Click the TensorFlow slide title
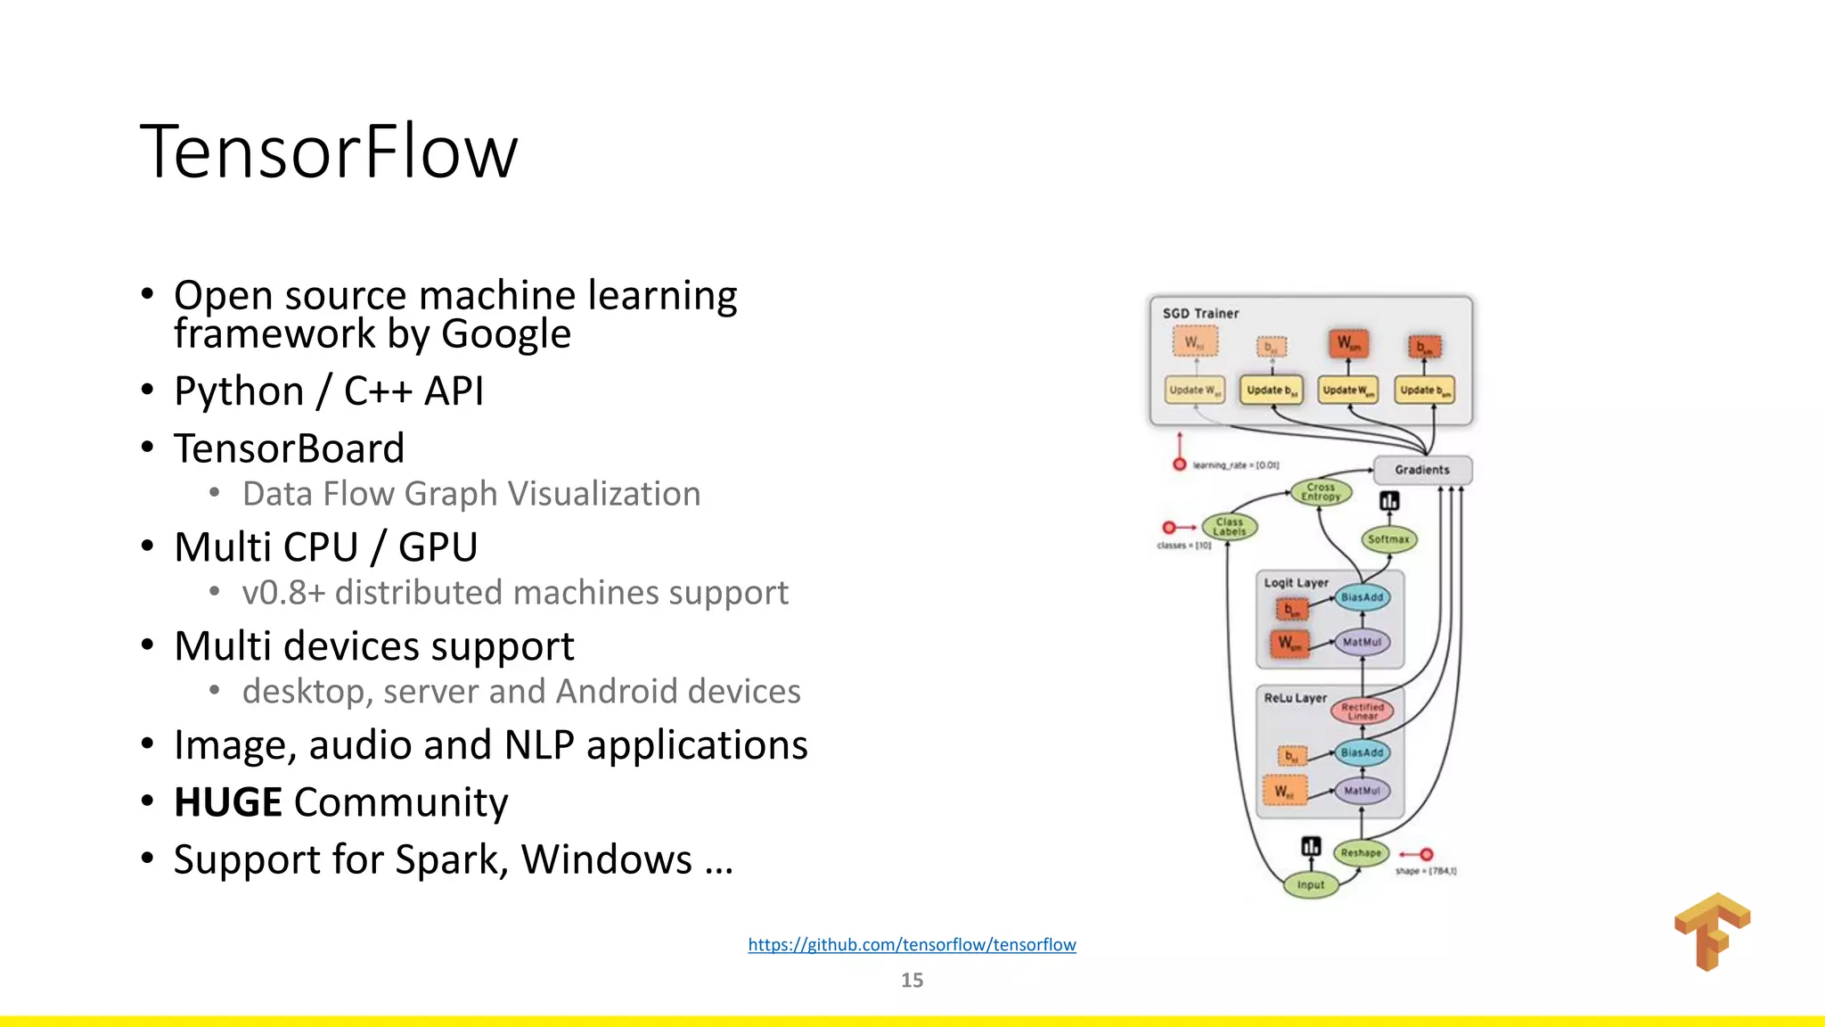coord(328,152)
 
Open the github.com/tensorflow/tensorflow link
coord(912,945)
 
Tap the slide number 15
coord(912,981)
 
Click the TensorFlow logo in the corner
coord(1712,932)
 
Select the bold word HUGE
coord(228,802)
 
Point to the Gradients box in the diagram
coord(1422,470)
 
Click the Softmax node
coord(1388,539)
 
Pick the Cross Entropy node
coord(1321,492)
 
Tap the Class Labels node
coord(1230,527)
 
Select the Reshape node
coord(1361,853)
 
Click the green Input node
coord(1311,885)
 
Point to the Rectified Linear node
coord(1363,711)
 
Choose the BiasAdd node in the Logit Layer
coord(1362,597)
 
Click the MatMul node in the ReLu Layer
coord(1362,791)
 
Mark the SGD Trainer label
coord(1200,314)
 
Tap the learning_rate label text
coord(1235,465)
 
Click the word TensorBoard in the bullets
coord(289,448)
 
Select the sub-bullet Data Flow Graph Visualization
coord(471,494)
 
